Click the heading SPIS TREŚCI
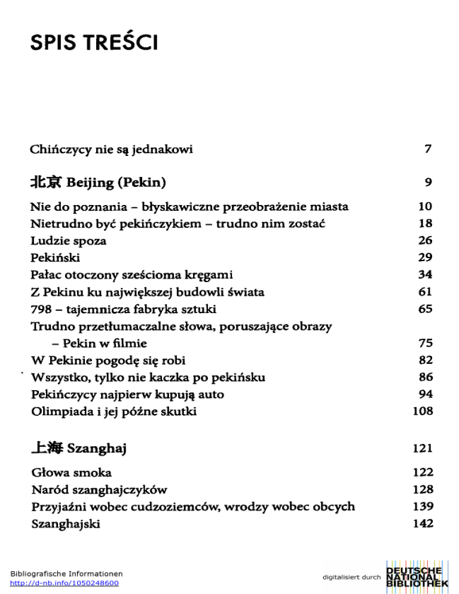[94, 43]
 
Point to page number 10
[425, 207]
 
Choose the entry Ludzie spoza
[69, 241]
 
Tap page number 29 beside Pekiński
[425, 258]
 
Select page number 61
[425, 292]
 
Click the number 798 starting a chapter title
[42, 310]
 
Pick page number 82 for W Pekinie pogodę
[425, 360]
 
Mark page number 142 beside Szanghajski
[423, 524]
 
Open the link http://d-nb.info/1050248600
[65, 583]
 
